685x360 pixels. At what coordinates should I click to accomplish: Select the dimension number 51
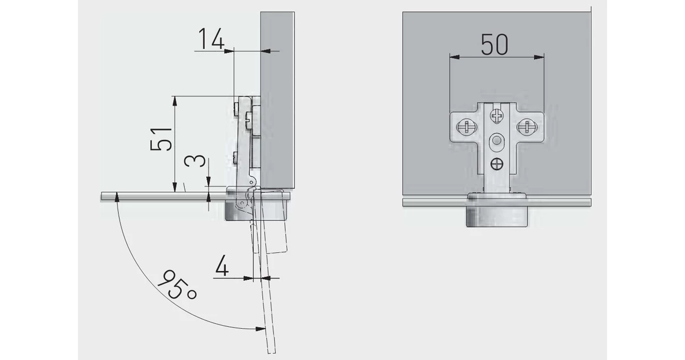coord(161,139)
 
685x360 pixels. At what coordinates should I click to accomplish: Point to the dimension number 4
coord(222,266)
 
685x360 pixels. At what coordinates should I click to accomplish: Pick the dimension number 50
coord(494,44)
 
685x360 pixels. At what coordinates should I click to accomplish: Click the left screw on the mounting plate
coord(464,127)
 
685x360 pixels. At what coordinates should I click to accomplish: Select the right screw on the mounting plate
coord(526,127)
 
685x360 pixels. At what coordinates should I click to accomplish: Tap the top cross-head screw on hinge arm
coord(497,116)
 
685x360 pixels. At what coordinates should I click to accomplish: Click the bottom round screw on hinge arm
coord(497,164)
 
